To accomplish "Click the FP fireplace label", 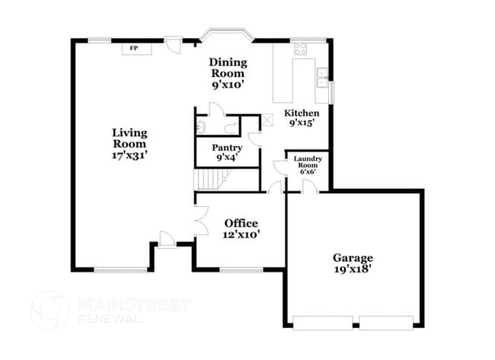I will tap(133, 48).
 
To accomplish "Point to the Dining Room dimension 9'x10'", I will tap(228, 86).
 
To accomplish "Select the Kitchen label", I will tap(302, 113).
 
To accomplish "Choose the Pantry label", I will tap(227, 148).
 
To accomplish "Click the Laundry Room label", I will tap(308, 162).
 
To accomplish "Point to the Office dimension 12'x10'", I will tap(242, 235).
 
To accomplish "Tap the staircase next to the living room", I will tap(210, 180).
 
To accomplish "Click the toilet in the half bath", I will tap(200, 126).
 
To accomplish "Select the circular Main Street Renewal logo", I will tap(50, 310).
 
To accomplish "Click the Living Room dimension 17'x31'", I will tap(129, 155).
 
